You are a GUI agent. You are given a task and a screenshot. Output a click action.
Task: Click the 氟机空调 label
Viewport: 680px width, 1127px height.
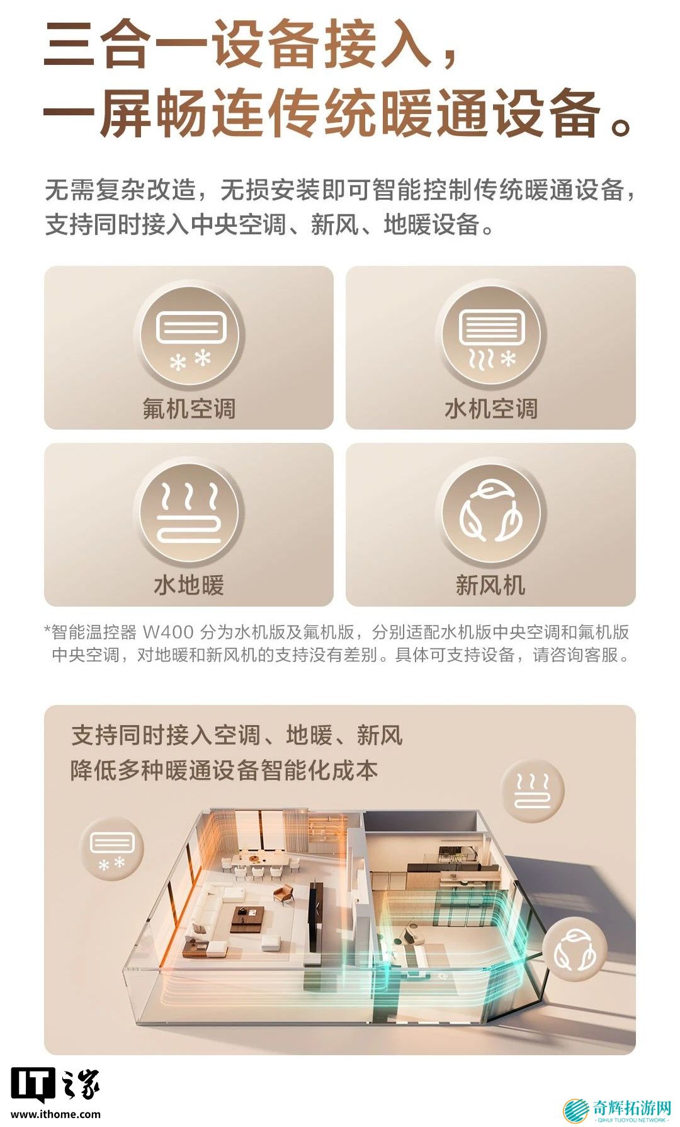tap(189, 408)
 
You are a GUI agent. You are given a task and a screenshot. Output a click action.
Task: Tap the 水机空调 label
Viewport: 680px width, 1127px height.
tap(491, 408)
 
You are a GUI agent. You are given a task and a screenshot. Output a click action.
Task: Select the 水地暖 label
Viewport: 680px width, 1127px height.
tap(189, 585)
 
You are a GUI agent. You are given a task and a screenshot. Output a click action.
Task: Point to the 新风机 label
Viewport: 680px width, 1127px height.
tap(490, 585)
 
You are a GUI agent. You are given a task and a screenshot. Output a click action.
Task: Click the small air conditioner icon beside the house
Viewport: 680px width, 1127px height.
tap(112, 849)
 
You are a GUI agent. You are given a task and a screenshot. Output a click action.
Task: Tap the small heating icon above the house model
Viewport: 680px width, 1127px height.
tap(533, 791)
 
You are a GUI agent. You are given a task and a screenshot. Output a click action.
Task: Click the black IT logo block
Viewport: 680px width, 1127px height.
tap(33, 1085)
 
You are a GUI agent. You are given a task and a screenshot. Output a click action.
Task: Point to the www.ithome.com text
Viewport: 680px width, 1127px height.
tap(55, 1114)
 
